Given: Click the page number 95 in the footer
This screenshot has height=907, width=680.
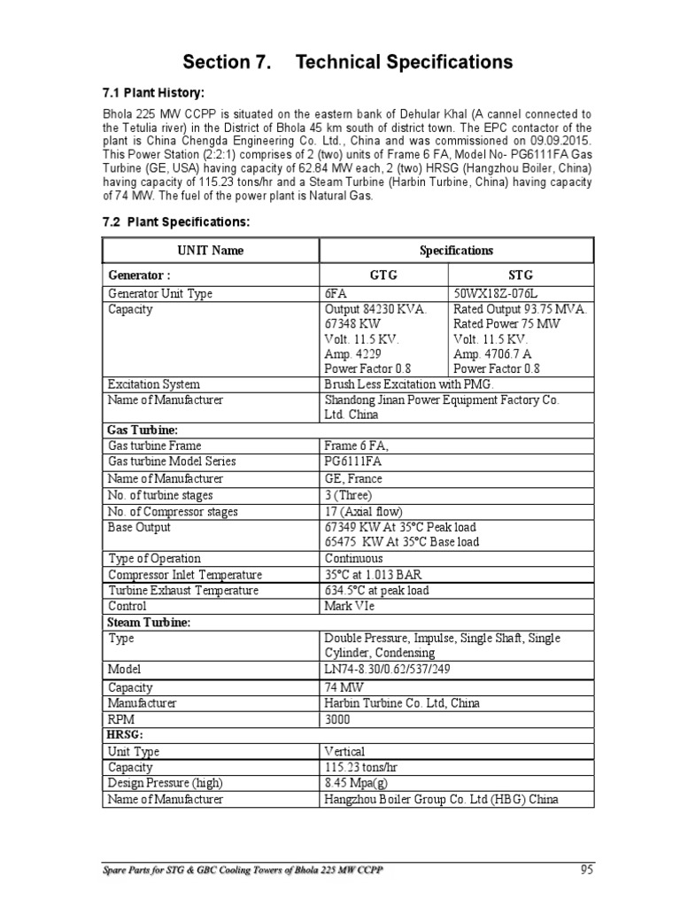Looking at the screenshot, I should (586, 869).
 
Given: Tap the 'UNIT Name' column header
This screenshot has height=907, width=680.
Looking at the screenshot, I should (212, 251).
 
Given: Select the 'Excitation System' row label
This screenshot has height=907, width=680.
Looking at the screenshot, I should (153, 384).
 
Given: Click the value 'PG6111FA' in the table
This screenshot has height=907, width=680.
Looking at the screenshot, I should (355, 461).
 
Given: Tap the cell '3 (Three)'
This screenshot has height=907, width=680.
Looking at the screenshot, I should (349, 495).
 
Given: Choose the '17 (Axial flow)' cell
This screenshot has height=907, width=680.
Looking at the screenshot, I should (363, 511).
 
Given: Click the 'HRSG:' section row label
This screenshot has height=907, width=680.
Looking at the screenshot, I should (125, 735).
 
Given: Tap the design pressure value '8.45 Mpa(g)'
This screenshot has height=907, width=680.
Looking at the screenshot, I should (356, 783).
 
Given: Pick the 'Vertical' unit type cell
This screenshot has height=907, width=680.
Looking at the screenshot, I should (344, 751).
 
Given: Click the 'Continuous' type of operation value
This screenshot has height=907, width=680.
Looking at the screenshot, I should (354, 558).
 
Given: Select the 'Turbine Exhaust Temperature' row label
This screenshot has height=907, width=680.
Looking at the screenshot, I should (183, 591).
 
